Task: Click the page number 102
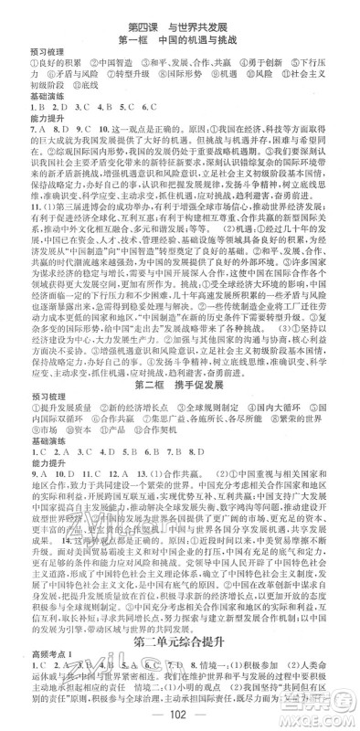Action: [x=179, y=715]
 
